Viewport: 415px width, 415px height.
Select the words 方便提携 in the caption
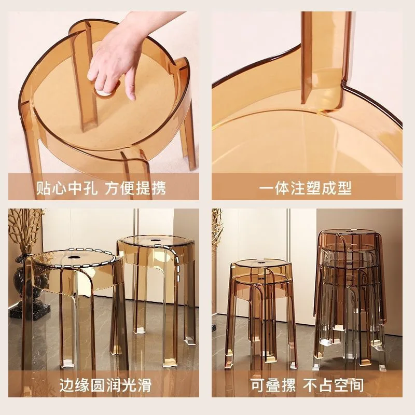click(x=135, y=188)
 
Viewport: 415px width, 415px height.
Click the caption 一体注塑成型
click(x=306, y=188)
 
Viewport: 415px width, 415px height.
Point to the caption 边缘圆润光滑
click(x=103, y=385)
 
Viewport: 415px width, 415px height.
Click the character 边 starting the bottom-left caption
click(x=66, y=385)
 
